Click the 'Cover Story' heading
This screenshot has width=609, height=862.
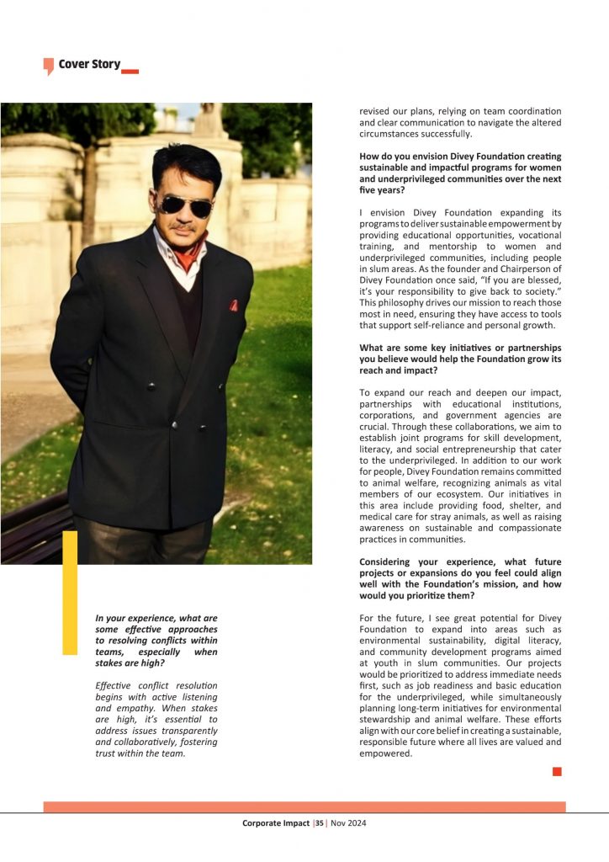89,64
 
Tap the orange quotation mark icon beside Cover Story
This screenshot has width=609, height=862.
49,66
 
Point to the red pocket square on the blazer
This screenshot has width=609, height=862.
233,306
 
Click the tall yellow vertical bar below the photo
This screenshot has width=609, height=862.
70,581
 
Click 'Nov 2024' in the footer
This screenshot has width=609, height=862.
347,823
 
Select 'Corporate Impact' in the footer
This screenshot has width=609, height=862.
276,823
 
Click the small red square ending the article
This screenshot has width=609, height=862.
557,771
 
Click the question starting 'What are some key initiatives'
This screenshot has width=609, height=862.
460,359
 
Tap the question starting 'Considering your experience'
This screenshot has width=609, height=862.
460,578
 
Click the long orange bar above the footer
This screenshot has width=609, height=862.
304,806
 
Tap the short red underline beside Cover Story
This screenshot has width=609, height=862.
130,72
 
